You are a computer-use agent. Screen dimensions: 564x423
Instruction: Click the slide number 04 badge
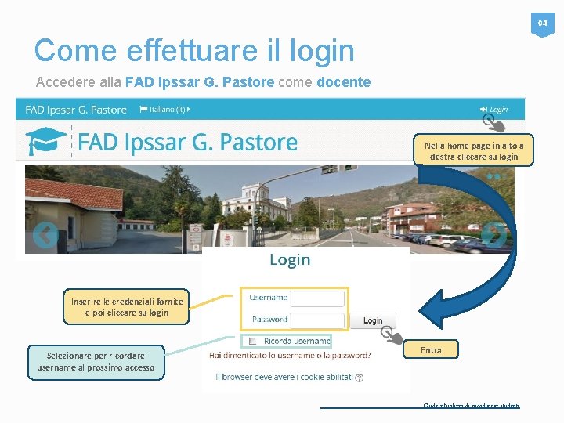(542, 25)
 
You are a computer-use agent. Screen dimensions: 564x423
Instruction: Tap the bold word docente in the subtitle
(343, 82)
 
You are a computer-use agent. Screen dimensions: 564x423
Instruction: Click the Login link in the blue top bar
(495, 110)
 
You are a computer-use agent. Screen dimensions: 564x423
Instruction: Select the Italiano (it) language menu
(165, 109)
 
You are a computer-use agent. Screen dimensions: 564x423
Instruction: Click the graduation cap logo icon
(45, 142)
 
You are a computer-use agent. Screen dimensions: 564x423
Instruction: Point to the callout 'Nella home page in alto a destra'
(474, 151)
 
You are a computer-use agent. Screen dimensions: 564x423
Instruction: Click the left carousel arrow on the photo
(45, 234)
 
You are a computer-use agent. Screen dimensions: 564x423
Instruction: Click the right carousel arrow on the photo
(493, 235)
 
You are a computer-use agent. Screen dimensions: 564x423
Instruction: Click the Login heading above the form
(290, 260)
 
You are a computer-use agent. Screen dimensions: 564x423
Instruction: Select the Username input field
(317, 298)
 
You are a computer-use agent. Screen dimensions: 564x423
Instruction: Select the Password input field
(317, 320)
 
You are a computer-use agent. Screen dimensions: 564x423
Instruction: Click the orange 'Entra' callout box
(431, 350)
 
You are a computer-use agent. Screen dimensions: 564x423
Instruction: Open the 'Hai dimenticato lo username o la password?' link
(290, 356)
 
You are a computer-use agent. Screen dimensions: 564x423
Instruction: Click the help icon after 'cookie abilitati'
(360, 378)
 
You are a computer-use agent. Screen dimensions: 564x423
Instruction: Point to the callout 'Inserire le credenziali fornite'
(127, 307)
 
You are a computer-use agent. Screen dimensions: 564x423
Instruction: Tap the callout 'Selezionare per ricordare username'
(96, 362)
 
